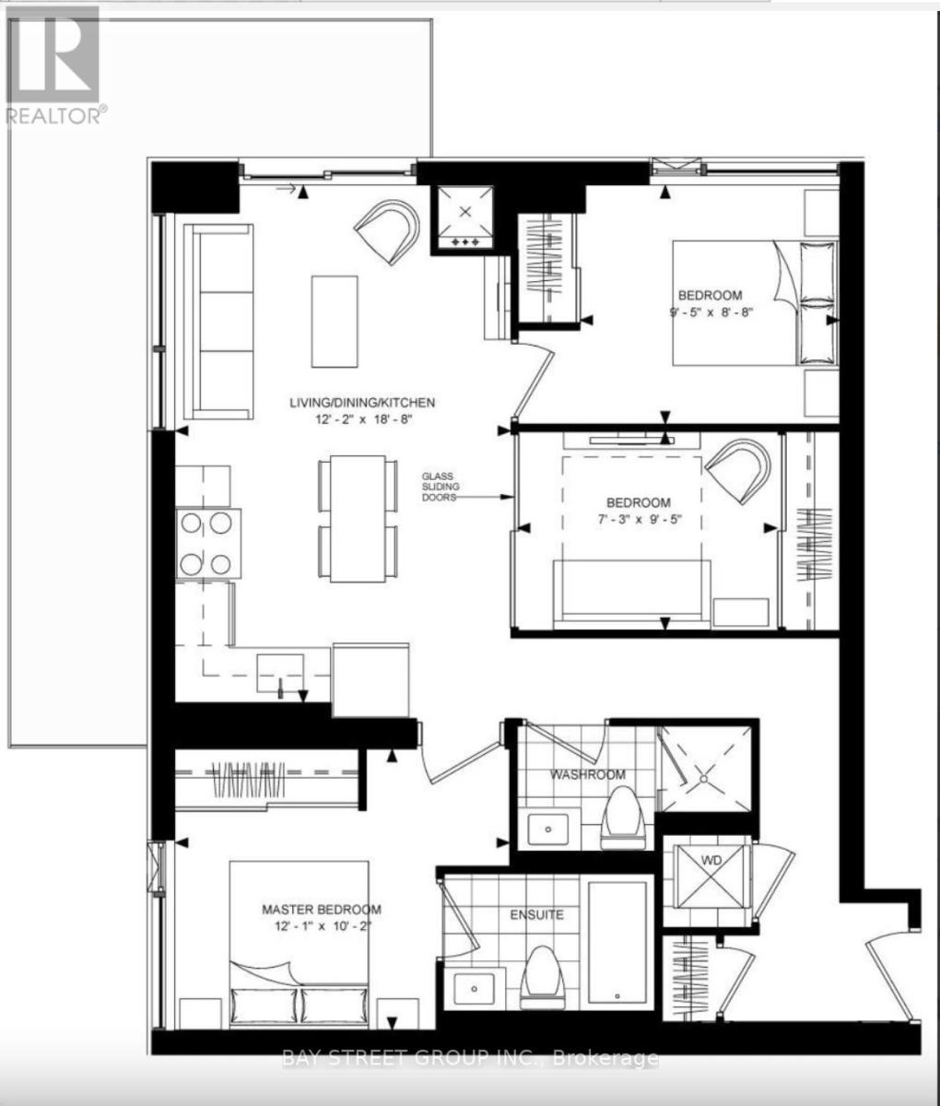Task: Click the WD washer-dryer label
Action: pos(711,860)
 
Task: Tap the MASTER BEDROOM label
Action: pos(322,909)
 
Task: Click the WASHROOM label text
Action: pos(588,775)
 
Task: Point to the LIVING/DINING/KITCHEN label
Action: pos(362,403)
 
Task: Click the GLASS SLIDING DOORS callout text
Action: pos(441,482)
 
